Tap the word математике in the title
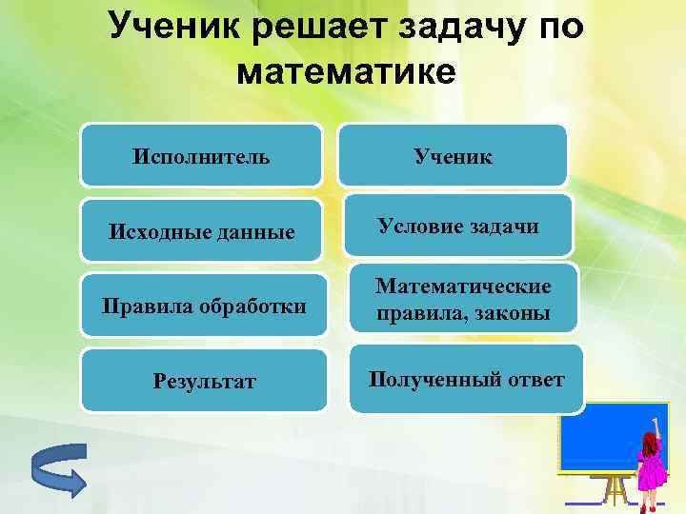coord(344,72)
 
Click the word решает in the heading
coord(310,27)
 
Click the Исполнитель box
coord(201,155)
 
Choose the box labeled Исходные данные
coord(201,231)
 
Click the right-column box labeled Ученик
coord(454,155)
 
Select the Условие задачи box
coord(458,227)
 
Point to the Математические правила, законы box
coord(463,299)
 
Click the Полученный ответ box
coord(467,380)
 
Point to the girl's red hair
coord(651,439)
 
